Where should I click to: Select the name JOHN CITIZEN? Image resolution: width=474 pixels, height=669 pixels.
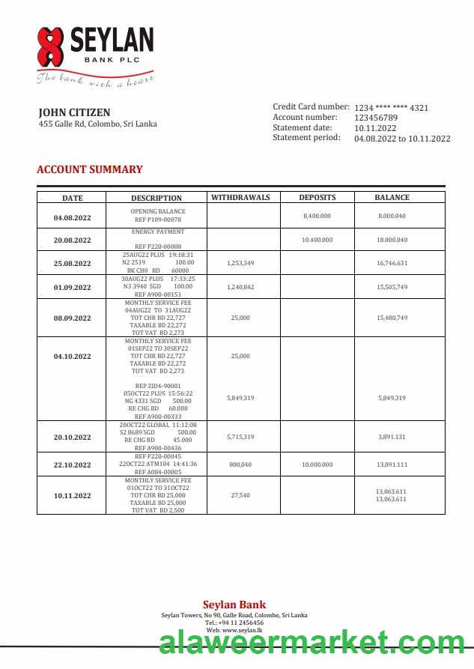[x=74, y=112]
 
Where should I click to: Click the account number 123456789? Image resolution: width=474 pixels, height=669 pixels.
[x=376, y=118]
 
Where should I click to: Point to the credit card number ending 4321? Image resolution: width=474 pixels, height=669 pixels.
[x=391, y=108]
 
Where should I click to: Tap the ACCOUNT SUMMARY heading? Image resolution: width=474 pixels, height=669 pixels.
[x=89, y=169]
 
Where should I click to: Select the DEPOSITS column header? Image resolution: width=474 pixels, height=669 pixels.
[x=317, y=198]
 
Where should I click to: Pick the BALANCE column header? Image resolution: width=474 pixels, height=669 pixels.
[x=392, y=198]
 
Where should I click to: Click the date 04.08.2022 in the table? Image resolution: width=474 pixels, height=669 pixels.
[x=72, y=217]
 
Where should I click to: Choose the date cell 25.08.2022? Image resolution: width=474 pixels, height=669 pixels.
[x=72, y=264]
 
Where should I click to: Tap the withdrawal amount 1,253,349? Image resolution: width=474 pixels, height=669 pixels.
[x=240, y=264]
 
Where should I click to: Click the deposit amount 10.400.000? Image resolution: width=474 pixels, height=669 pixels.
[x=317, y=240]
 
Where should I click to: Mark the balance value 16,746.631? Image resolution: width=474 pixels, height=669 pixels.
[x=392, y=264]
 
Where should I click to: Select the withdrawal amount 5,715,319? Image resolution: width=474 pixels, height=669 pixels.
[x=240, y=437]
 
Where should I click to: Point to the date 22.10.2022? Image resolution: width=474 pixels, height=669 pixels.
[x=72, y=465]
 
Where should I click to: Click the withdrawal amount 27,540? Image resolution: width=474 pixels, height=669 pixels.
[x=240, y=495]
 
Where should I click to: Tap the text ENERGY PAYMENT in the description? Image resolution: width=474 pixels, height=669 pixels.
[x=157, y=232]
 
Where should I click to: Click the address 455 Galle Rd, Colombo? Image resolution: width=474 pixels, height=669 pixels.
[x=97, y=124]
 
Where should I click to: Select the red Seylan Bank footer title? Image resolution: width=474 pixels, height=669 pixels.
[x=234, y=605]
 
